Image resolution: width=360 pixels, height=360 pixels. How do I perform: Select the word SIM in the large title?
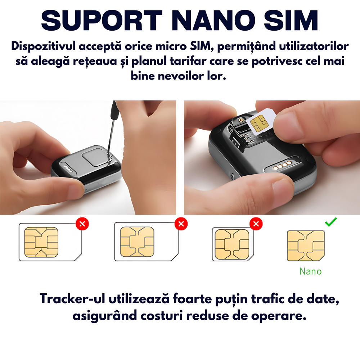[291, 20]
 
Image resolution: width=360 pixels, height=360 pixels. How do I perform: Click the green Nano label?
[311, 271]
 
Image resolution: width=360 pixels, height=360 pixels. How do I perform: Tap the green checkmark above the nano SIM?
[331, 222]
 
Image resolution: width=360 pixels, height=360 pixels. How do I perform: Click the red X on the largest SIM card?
[82, 224]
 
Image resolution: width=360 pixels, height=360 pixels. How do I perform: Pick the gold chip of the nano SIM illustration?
[306, 246]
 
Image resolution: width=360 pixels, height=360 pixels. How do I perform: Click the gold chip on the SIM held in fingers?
[260, 123]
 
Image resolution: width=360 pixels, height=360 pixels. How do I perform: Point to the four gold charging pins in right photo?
[283, 165]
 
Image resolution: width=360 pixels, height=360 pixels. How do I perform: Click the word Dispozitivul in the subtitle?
[44, 46]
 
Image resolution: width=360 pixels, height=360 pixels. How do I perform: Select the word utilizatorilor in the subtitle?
[314, 46]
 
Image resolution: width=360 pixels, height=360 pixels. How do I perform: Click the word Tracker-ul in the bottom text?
[72, 299]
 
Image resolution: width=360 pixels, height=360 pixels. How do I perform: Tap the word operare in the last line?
[279, 316]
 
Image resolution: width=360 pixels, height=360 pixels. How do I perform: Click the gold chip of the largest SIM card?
[41, 242]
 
